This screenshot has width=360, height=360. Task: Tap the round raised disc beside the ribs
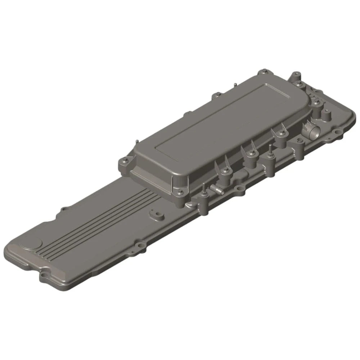tap(31, 244)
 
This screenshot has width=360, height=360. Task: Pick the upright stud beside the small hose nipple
tap(203, 188)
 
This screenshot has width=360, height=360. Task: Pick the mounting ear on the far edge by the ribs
tap(64, 209)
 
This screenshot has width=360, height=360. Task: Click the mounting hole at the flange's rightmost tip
tap(338, 133)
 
